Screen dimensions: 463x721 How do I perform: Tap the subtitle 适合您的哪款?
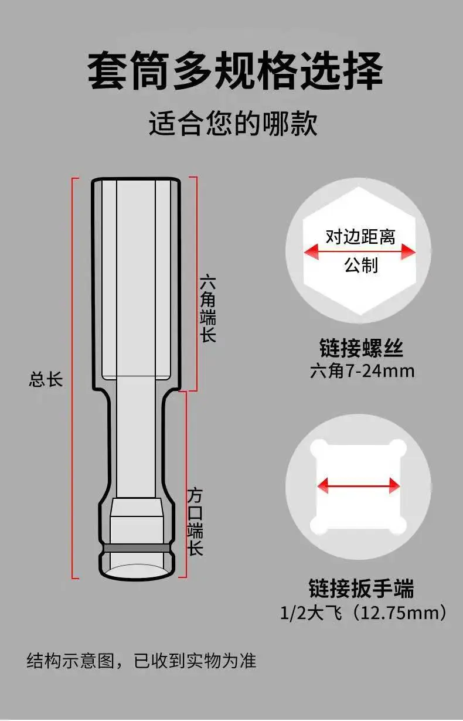tap(233, 124)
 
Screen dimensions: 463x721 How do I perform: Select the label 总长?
tap(46, 379)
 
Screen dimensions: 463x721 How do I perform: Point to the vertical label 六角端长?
tap(208, 308)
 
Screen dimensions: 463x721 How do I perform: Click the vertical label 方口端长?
tap(195, 521)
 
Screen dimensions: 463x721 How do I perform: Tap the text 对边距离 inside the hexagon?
tap(360, 236)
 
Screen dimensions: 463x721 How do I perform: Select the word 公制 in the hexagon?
tap(360, 266)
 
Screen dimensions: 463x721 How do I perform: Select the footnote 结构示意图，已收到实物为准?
tap(141, 661)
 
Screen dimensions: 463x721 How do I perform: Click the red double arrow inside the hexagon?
tap(359, 251)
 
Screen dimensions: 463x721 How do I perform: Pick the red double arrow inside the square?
tap(358, 485)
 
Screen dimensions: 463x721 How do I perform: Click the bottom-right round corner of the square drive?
tap(397, 525)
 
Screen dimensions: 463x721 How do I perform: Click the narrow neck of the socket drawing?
tap(137, 434)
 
